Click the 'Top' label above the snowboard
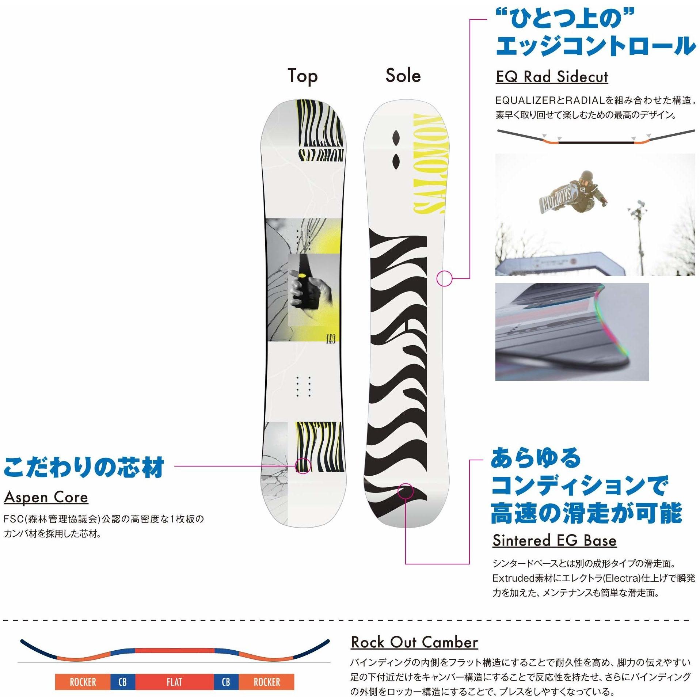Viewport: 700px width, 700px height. (303, 76)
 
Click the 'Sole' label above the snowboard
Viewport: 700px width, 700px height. (403, 76)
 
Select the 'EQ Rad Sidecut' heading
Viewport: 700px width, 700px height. (552, 77)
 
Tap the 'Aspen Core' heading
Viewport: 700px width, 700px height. (46, 497)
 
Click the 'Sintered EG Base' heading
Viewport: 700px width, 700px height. (554, 540)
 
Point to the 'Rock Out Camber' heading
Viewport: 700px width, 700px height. (414, 642)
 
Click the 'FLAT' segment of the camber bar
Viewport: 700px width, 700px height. (174, 682)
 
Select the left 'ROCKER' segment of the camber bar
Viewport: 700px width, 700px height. (83, 682)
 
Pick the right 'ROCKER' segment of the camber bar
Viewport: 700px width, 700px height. (266, 682)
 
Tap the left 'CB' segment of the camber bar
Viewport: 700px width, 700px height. (123, 682)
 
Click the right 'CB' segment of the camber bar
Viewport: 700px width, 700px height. (226, 682)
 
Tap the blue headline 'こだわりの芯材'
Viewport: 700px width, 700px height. (84, 467)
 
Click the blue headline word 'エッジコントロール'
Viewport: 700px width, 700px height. (595, 46)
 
